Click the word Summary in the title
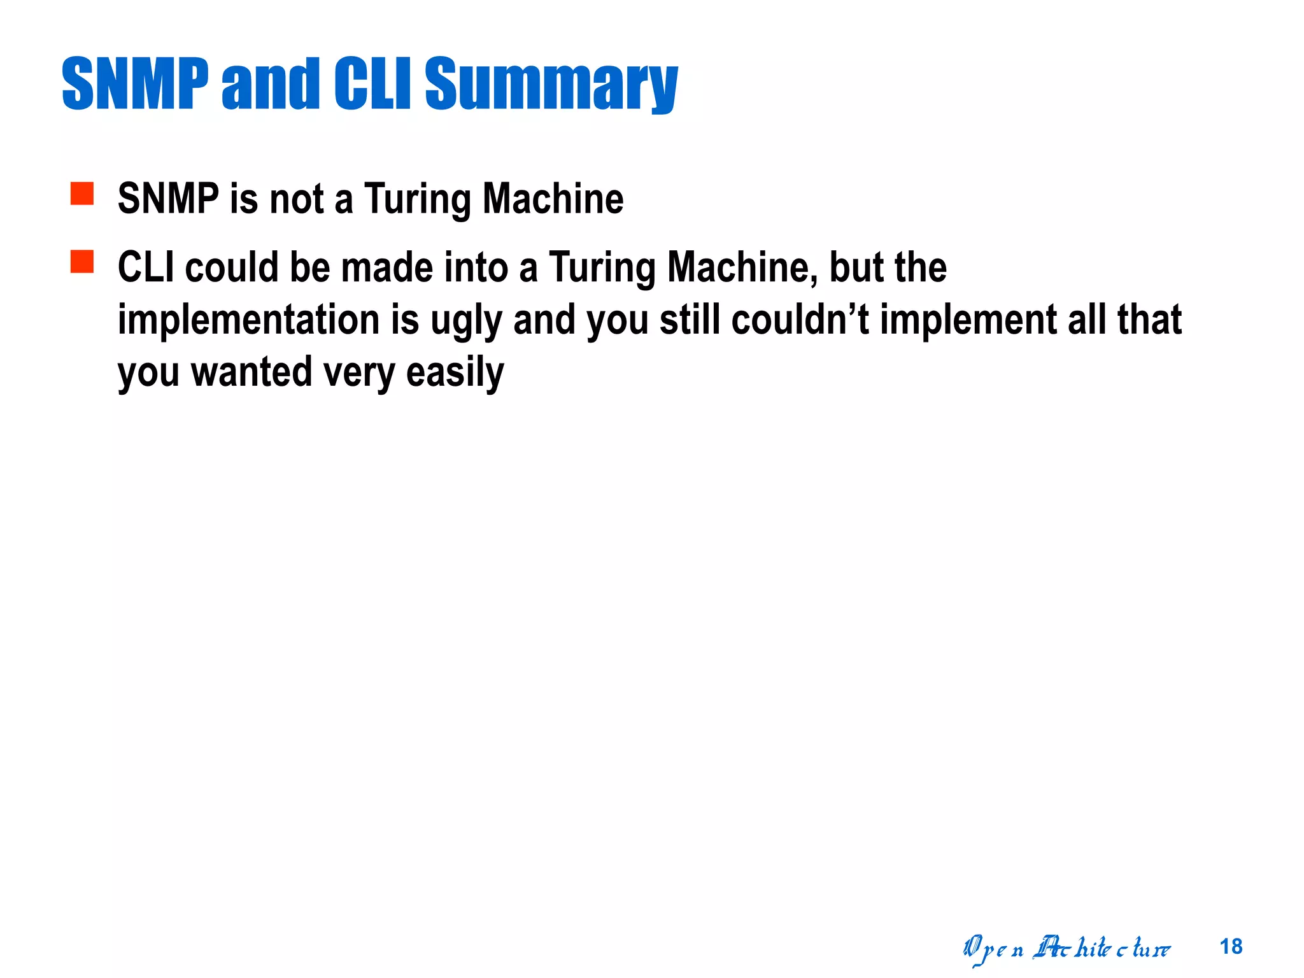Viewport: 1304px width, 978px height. (551, 84)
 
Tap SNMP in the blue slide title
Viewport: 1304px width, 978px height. (135, 84)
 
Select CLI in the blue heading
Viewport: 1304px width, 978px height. (372, 84)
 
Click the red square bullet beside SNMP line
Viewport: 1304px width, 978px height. (82, 194)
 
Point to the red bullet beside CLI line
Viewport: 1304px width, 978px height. (82, 262)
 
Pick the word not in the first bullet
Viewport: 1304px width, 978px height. (297, 199)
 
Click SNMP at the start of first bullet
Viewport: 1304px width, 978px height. (168, 199)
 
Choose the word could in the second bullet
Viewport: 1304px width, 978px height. (232, 267)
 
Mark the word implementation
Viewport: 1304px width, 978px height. (248, 320)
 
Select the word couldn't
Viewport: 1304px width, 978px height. (800, 320)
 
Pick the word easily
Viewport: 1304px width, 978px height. (455, 373)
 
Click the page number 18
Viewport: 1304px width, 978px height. (1231, 947)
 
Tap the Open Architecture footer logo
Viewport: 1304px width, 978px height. (1067, 949)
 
